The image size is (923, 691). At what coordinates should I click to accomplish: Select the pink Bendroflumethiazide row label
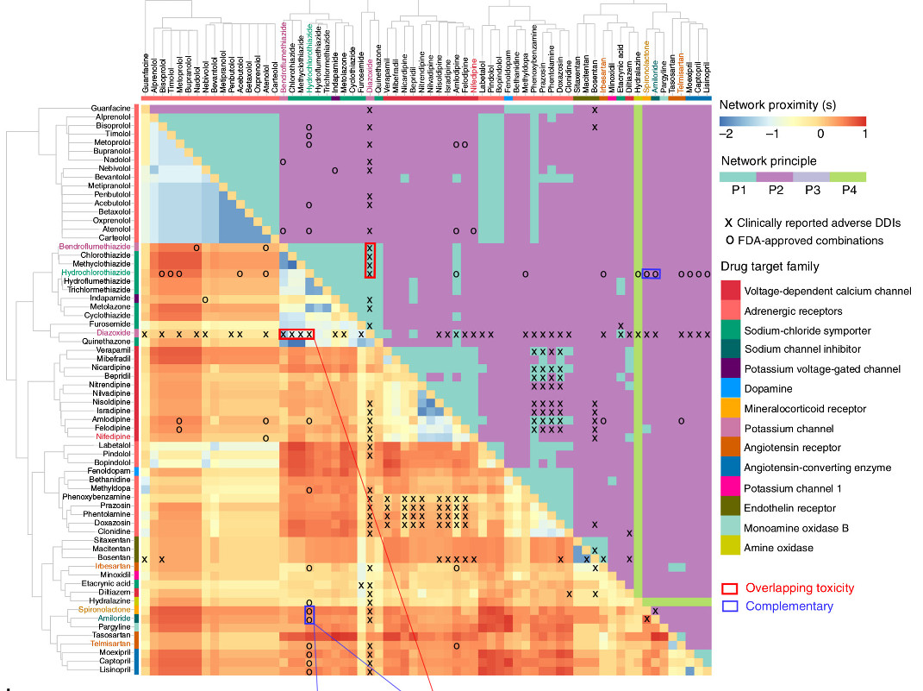click(95, 247)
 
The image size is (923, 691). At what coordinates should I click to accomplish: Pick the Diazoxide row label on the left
click(115, 333)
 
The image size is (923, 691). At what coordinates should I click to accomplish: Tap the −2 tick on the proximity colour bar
click(725, 135)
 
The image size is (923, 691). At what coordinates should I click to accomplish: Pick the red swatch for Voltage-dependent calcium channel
click(730, 291)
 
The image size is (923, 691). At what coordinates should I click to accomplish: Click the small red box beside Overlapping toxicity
click(729, 588)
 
